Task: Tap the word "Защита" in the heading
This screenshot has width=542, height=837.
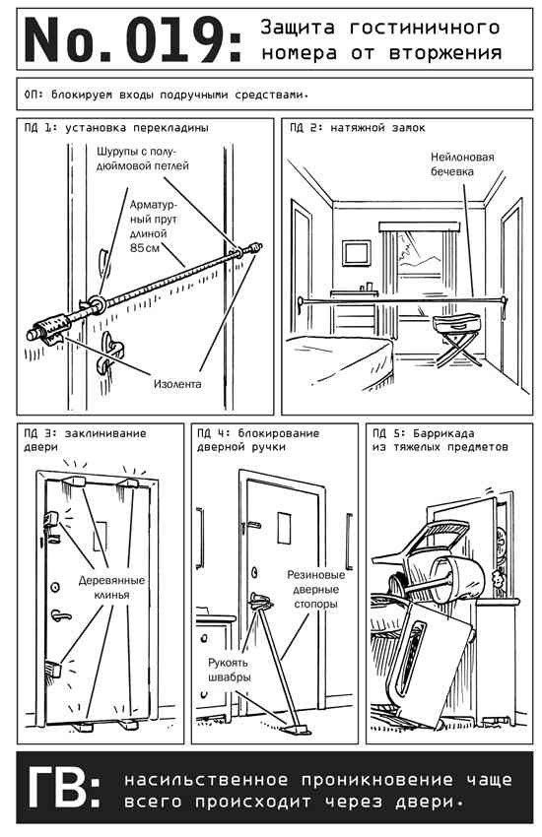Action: coord(298,28)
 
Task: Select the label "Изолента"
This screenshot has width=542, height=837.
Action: coord(177,384)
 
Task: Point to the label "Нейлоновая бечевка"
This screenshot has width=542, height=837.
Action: coord(462,164)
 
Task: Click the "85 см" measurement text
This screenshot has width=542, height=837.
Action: coord(145,248)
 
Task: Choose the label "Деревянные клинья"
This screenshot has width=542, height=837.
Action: coord(111,587)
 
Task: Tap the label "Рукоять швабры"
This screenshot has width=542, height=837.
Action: coord(229,670)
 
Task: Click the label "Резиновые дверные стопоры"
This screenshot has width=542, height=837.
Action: coord(316,589)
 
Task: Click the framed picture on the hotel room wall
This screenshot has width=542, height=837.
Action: coord(356,253)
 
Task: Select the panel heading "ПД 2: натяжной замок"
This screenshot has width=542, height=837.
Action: coord(358,128)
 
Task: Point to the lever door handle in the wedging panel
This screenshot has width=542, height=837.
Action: coord(60,616)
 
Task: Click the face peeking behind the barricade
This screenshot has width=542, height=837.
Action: coord(497,580)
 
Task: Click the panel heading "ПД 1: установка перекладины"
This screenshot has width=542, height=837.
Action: coord(116,128)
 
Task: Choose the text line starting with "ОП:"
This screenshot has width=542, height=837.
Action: coord(167,95)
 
